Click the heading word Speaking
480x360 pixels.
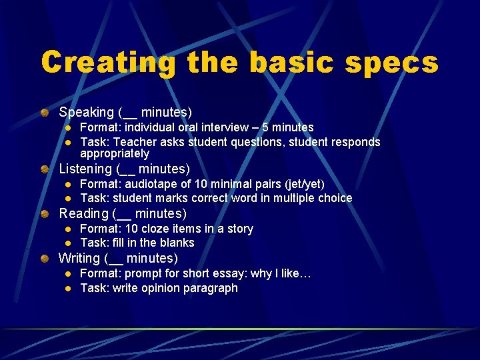coord(86,112)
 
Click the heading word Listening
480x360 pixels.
coord(85,169)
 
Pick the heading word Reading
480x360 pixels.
coord(83,214)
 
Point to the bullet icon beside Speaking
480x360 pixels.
coord(43,112)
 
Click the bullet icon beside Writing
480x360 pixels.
coord(43,258)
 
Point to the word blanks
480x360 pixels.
coord(176,243)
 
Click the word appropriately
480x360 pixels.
coord(115,154)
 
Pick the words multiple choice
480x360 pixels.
coord(311,199)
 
